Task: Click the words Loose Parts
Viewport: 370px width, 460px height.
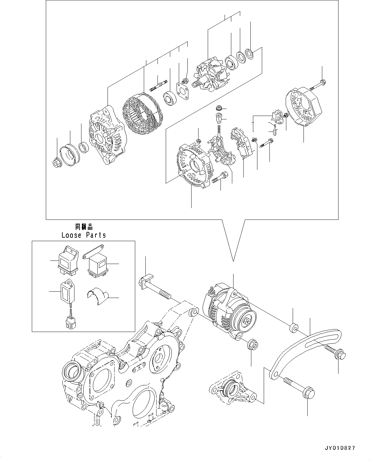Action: click(83, 235)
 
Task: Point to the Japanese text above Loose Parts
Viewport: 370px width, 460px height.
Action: click(83, 227)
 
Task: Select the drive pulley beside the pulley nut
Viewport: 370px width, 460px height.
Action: click(70, 154)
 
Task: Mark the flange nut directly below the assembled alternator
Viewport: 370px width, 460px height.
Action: click(252, 345)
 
